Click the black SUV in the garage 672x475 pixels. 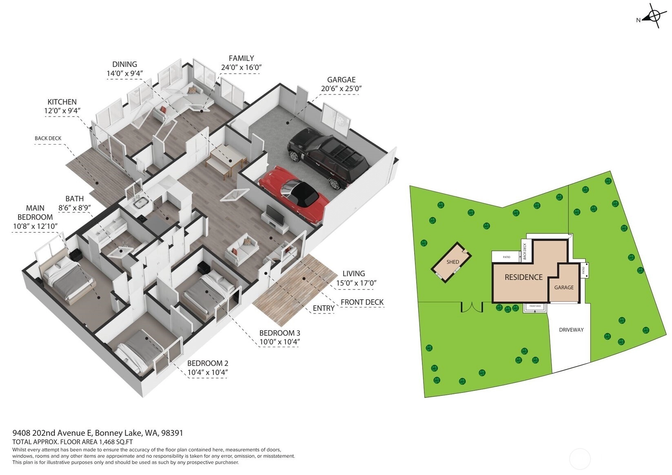tap(328, 157)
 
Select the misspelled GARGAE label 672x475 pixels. tap(341, 80)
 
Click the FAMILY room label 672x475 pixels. tap(241, 58)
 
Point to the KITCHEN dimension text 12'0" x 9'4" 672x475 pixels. tap(62, 111)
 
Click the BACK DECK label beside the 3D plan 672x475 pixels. tap(48, 138)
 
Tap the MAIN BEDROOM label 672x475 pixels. tap(35, 213)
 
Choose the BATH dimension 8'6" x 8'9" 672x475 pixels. tap(74, 208)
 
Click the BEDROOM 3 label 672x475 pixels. tap(279, 333)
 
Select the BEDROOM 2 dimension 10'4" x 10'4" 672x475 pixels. tap(208, 373)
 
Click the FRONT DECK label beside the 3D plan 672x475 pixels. tap(362, 302)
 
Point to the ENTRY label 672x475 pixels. tap(324, 308)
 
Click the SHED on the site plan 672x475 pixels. tap(451, 262)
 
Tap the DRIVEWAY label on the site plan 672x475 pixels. tap(571, 330)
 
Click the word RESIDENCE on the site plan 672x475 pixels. tap(523, 277)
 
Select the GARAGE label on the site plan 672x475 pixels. tap(564, 287)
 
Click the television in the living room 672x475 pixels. tap(275, 215)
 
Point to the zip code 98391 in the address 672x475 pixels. tap(172, 433)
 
